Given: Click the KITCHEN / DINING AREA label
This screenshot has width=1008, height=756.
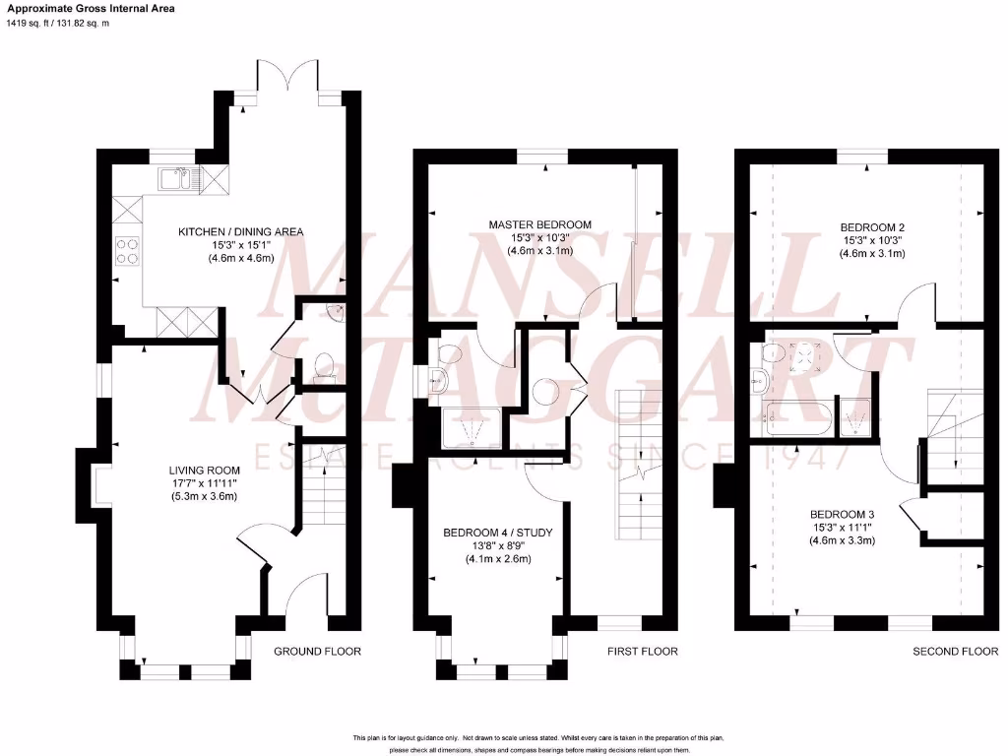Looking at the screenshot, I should tap(240, 232).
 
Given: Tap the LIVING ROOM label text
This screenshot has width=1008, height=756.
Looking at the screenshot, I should tap(204, 471).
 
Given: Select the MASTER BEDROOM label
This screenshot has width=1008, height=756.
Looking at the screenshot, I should tap(540, 224).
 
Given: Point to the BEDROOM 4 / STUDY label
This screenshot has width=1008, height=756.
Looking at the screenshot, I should tap(498, 534).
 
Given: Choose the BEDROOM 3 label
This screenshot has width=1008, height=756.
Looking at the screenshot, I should tap(842, 514).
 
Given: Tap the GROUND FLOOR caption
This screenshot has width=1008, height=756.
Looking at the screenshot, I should tap(317, 652).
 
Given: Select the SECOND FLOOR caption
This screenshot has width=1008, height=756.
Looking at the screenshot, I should tap(955, 652).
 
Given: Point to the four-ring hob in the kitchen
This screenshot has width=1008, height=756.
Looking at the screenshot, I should tap(129, 251).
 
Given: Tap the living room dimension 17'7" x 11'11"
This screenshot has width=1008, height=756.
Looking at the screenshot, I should tap(204, 483).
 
